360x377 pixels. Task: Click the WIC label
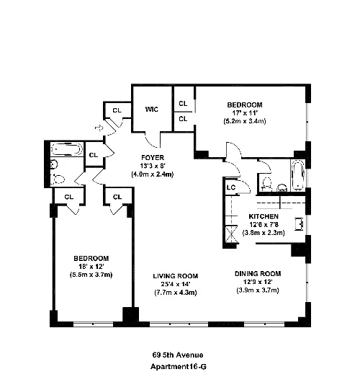(x=151, y=110)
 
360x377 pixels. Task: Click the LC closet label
(x=231, y=187)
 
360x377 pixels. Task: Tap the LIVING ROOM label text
(x=175, y=276)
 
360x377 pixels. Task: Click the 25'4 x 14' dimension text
(x=175, y=285)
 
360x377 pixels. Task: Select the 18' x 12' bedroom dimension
(x=90, y=267)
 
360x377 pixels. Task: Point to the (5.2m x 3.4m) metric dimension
(x=245, y=122)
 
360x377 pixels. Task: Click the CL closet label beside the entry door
(x=117, y=110)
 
